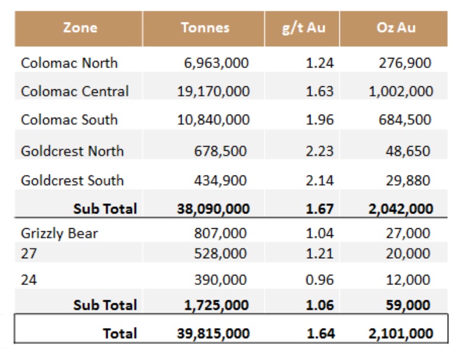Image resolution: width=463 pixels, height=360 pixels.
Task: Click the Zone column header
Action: point(80,28)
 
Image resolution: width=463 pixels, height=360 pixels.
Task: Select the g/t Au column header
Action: point(303,28)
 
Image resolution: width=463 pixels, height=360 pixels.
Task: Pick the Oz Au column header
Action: point(396,28)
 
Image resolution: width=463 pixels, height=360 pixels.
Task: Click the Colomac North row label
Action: point(69,63)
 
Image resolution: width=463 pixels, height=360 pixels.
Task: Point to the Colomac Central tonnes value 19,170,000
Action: point(213,91)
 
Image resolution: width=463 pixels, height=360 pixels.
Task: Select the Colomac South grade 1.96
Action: point(320,119)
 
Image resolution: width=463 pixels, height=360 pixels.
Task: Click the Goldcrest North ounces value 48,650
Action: point(408,151)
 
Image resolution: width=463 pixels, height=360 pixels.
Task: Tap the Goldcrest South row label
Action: point(72,180)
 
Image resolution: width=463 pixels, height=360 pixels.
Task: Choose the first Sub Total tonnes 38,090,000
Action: point(213,209)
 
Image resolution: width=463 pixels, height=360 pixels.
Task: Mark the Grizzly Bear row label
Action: point(59,233)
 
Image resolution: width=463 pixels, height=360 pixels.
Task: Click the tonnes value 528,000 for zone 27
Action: point(221,254)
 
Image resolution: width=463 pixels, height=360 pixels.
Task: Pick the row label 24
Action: point(28,280)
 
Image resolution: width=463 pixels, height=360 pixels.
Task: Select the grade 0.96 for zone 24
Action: point(320,280)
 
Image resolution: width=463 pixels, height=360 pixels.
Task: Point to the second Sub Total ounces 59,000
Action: point(409,305)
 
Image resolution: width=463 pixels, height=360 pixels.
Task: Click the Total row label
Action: point(119,333)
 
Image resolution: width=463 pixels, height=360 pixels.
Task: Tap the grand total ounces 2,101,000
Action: point(400,333)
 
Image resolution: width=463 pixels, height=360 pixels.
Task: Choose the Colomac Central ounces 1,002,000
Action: point(401,91)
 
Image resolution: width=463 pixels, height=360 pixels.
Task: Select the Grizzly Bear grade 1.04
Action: point(320,233)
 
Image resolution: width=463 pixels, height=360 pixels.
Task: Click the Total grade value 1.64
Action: point(320,333)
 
